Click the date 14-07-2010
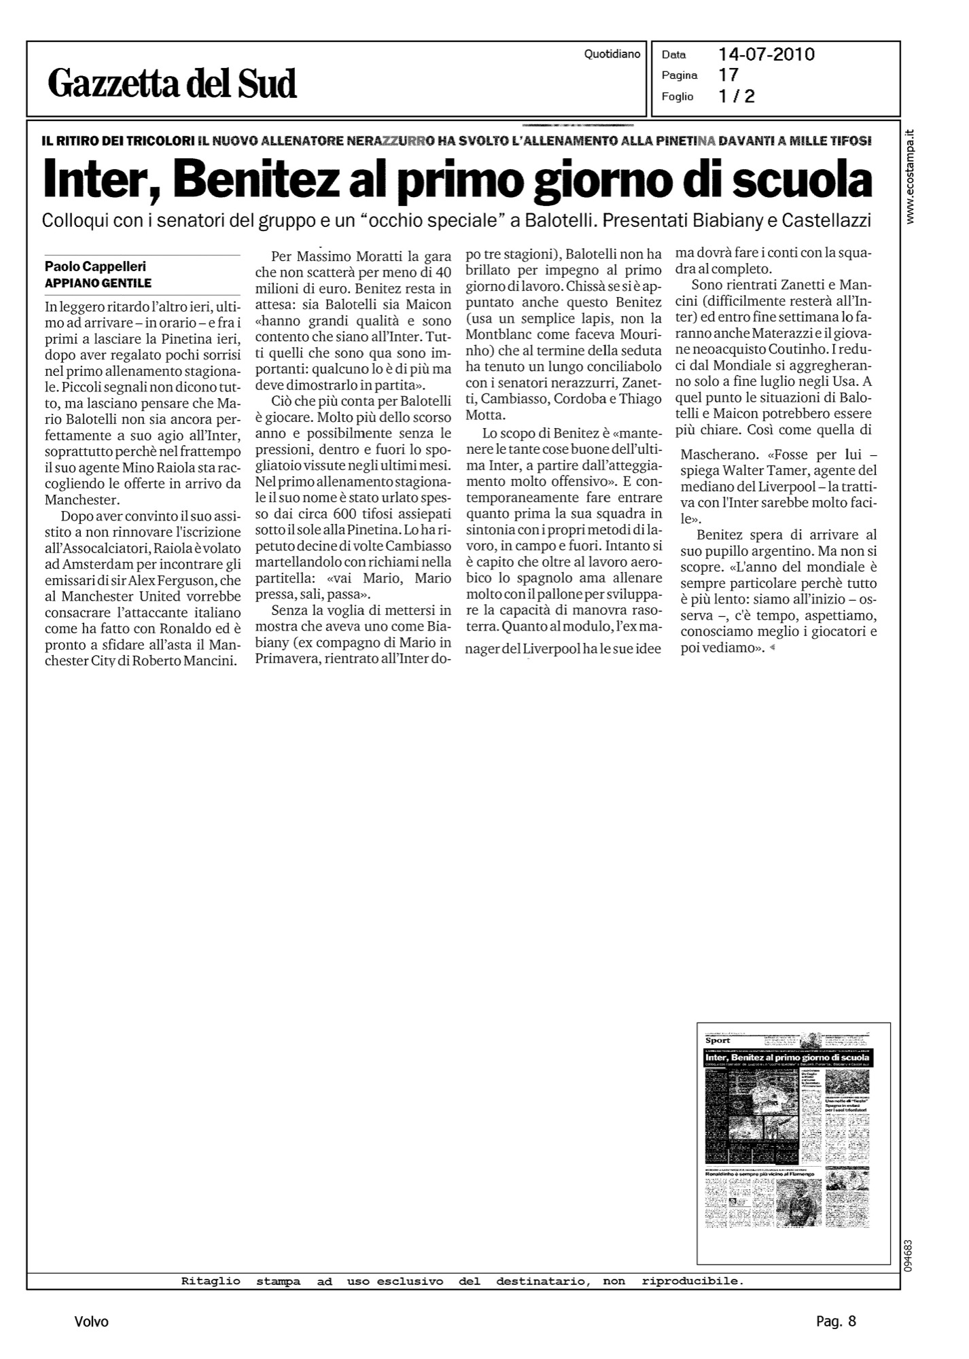pyautogui.click(x=767, y=55)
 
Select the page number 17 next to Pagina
pyautogui.click(x=728, y=75)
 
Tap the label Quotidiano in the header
pyautogui.click(x=612, y=54)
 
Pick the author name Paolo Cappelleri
pyautogui.click(x=95, y=267)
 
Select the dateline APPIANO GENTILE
pyautogui.click(x=98, y=283)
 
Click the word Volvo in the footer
pyautogui.click(x=92, y=1322)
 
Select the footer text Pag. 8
pyautogui.click(x=836, y=1322)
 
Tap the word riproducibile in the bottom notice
pyautogui.click(x=692, y=1282)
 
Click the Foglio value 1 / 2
pyautogui.click(x=737, y=96)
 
